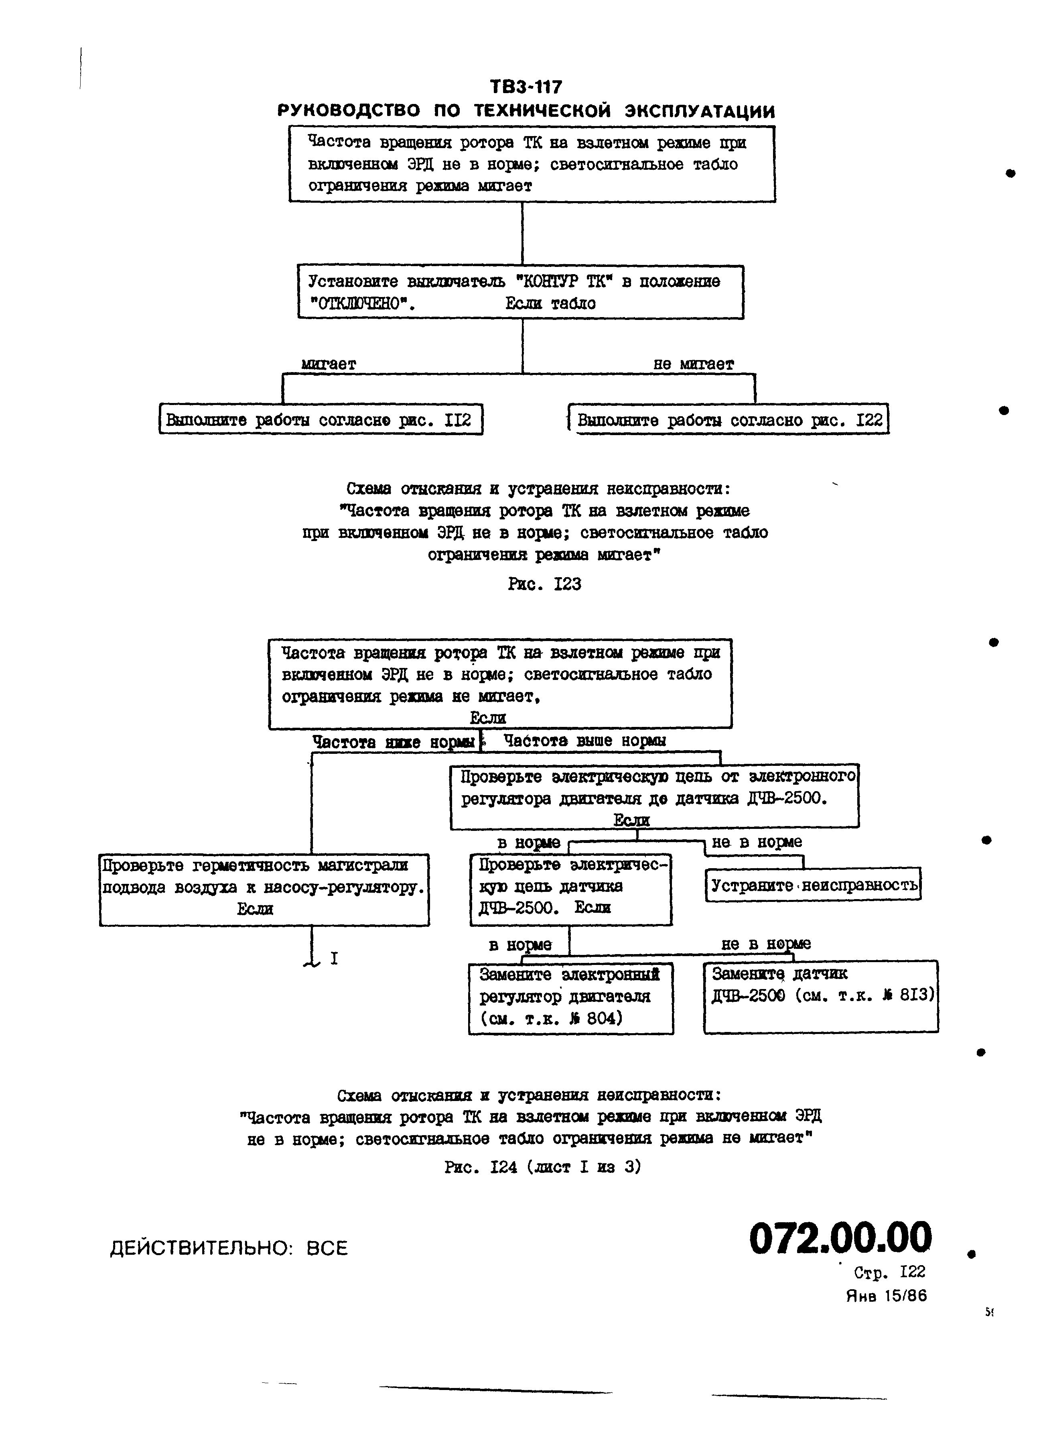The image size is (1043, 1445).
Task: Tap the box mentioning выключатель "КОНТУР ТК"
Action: (520, 292)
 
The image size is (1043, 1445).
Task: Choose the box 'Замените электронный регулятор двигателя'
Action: (570, 997)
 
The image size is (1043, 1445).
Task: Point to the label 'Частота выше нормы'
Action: (584, 740)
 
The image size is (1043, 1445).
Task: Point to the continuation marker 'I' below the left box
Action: (334, 958)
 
